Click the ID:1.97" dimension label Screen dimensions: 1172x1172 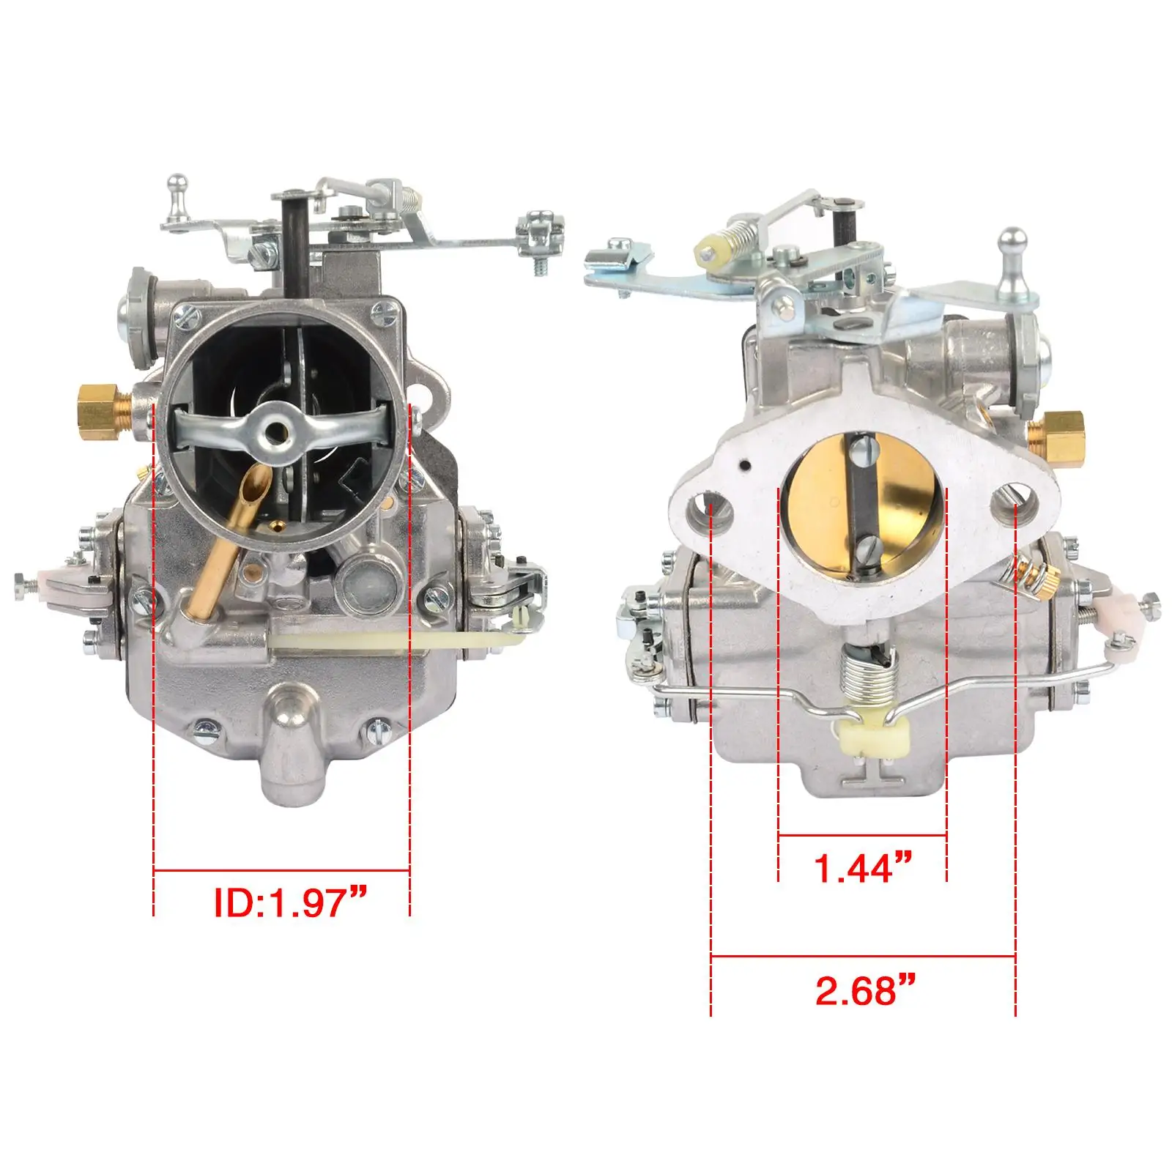289,902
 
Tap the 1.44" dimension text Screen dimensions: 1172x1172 863,867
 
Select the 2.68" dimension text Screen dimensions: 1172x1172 865,990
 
